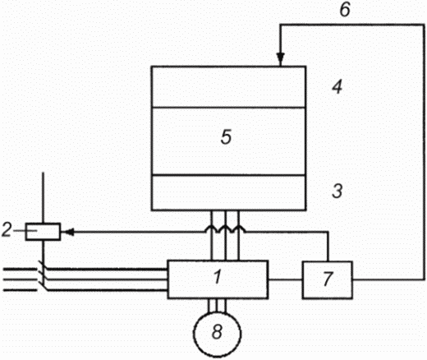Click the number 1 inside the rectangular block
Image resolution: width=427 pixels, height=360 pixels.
pos(218,277)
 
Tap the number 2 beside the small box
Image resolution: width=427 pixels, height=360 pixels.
pos(7,230)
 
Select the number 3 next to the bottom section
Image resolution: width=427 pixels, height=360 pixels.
pos(337,191)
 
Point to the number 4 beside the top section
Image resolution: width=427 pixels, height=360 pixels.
pos(337,88)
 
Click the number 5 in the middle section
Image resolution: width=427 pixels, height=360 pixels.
pos(227,136)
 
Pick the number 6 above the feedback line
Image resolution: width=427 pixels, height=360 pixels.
pos(345,10)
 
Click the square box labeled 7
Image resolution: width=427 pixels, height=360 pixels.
pos(328,280)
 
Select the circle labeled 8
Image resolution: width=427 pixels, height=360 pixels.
pos(218,334)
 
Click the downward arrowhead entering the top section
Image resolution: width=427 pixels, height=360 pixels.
pos(281,58)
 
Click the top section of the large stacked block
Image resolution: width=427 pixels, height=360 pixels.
pos(228,87)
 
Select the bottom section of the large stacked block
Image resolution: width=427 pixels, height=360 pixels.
pos(228,192)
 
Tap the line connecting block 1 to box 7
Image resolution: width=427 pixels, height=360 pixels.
pos(285,279)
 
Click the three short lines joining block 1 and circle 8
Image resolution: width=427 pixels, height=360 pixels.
pos(218,306)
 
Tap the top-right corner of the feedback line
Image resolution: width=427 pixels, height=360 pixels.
pos(424,25)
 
